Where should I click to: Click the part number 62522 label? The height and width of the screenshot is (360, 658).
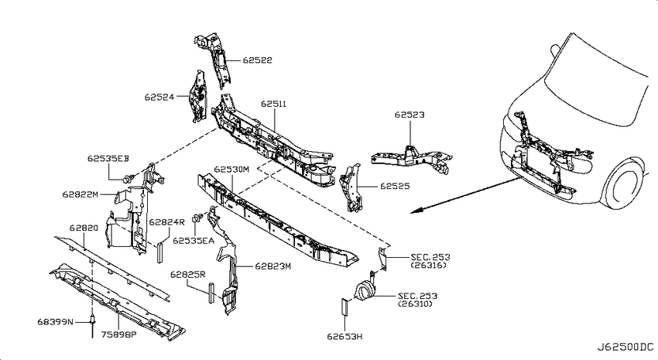(257, 60)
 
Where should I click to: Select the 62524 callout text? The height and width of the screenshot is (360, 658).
(159, 98)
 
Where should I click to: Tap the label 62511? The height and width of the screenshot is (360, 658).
(273, 104)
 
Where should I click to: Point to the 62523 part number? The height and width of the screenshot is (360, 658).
(410, 115)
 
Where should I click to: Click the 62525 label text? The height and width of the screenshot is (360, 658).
(395, 186)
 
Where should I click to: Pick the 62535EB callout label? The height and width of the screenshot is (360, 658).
(108, 159)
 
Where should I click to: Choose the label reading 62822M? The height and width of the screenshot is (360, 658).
(81, 194)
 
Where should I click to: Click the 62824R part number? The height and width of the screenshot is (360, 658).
(166, 222)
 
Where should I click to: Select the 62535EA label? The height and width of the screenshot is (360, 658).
(194, 241)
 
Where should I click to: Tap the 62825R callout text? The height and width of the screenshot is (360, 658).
(187, 274)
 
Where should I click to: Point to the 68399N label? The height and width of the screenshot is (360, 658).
(55, 322)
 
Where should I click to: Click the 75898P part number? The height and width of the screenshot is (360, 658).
(118, 334)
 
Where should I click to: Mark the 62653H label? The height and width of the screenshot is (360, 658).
(345, 336)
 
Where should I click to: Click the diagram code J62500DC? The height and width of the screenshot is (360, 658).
(625, 347)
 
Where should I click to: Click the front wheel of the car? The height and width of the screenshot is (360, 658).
(627, 186)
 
